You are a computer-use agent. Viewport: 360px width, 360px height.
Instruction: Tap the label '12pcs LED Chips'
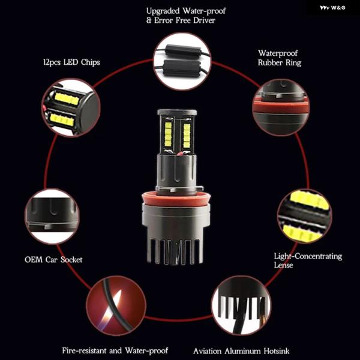click(71, 62)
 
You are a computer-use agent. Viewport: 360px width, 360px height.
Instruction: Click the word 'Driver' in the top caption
click(204, 20)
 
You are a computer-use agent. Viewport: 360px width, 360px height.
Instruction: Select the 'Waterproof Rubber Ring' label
click(280, 58)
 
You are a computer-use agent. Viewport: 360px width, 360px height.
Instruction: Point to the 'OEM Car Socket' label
click(53, 260)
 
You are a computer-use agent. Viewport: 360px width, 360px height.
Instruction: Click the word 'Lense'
click(283, 265)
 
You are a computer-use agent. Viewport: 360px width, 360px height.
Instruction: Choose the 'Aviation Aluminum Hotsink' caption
click(241, 351)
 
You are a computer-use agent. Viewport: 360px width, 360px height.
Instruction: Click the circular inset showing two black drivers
click(182, 62)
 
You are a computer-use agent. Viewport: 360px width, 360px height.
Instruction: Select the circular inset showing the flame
click(116, 306)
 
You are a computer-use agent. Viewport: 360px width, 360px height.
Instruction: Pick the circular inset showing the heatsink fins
click(241, 305)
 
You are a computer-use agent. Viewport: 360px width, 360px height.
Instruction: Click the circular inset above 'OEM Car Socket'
click(52, 216)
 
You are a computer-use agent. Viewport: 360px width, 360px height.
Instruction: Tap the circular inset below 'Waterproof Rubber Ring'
click(281, 107)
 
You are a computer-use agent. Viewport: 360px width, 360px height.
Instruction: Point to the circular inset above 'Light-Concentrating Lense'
click(305, 216)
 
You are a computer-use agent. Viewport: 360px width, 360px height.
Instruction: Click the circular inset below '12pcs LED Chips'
click(71, 107)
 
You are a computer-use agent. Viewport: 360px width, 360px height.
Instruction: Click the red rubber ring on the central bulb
click(176, 199)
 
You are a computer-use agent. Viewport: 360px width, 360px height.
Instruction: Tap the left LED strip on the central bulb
click(168, 134)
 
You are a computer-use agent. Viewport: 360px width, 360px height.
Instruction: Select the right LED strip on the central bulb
click(187, 136)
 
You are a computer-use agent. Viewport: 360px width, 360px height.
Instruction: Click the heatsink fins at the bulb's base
click(176, 251)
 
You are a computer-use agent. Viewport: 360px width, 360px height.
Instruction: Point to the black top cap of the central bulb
click(177, 113)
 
